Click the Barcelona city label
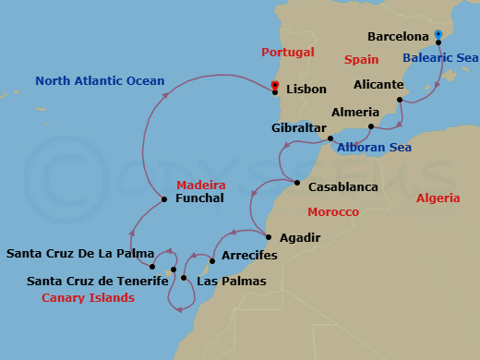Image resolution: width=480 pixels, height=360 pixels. (398, 37)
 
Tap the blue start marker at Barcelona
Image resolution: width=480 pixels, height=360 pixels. (438, 35)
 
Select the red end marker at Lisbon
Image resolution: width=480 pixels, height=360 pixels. (275, 86)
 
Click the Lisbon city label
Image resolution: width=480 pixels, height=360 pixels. (306, 90)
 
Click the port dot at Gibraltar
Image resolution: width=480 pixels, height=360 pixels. (330, 138)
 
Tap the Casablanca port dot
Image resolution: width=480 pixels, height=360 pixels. (297, 183)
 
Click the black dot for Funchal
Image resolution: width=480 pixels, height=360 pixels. (163, 199)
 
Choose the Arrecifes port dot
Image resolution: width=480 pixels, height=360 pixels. (212, 260)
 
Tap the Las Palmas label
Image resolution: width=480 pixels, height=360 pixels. (232, 281)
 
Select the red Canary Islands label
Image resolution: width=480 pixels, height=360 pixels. (88, 298)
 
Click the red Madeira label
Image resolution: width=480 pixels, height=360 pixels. (201, 184)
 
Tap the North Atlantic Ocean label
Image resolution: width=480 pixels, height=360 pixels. (100, 80)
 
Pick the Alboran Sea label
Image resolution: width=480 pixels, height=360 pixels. (375, 147)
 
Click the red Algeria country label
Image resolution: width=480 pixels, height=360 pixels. (438, 198)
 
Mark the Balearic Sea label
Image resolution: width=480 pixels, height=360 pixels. (440, 57)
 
